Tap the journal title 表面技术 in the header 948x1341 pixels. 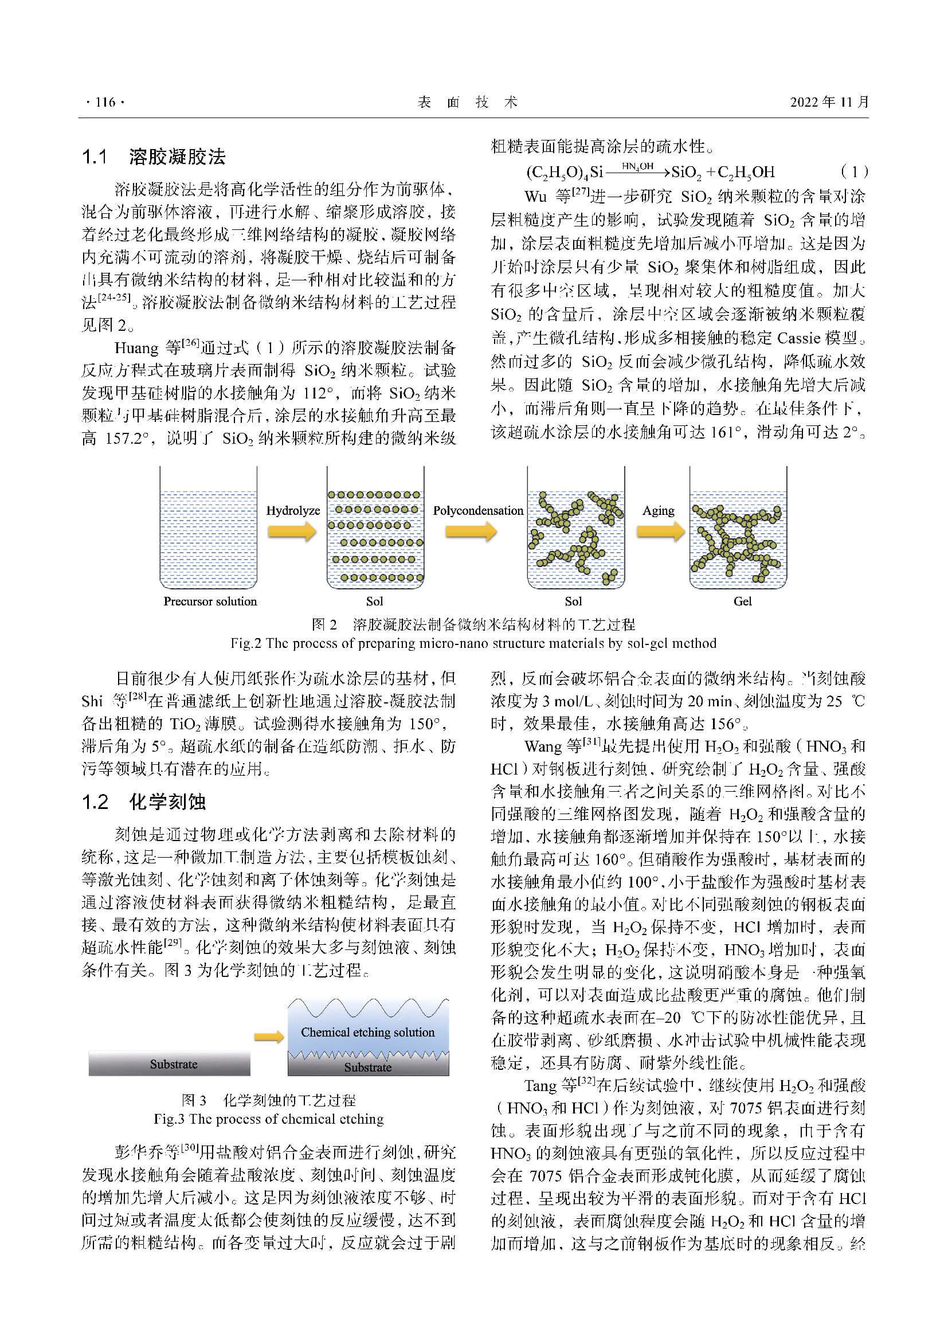pyautogui.click(x=468, y=102)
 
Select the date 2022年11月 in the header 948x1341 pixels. pyautogui.click(x=829, y=102)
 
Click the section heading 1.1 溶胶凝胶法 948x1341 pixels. pyautogui.click(x=154, y=157)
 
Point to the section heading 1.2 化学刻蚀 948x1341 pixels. pyautogui.click(x=144, y=802)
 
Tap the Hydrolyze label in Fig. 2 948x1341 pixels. pyautogui.click(x=293, y=510)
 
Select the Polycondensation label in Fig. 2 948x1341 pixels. pyautogui.click(x=478, y=510)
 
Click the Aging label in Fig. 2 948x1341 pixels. pyautogui.click(x=658, y=510)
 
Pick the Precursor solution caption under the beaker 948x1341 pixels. pyautogui.click(x=210, y=601)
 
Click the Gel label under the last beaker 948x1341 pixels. pyautogui.click(x=742, y=601)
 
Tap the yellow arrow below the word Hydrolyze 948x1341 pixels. pyautogui.click(x=292, y=531)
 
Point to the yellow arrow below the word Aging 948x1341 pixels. pyautogui.click(x=660, y=531)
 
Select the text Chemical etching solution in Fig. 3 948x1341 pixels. pyautogui.click(x=368, y=1032)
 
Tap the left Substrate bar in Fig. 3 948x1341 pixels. pyautogui.click(x=169, y=1064)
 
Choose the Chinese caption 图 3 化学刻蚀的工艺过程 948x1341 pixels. pyautogui.click(x=268, y=1100)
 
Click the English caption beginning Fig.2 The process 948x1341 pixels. pyautogui.click(x=473, y=644)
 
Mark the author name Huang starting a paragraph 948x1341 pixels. pyautogui.click(x=136, y=348)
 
